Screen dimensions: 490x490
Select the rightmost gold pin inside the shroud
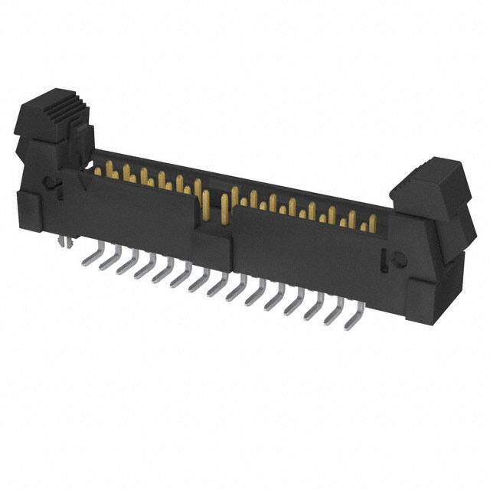(x=373, y=224)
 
